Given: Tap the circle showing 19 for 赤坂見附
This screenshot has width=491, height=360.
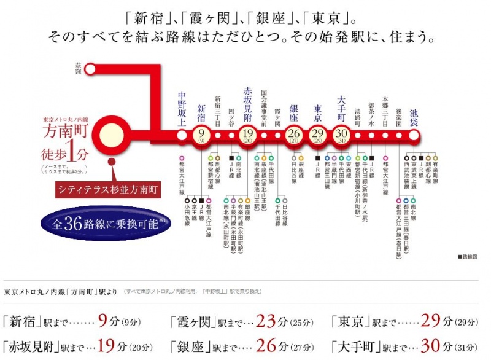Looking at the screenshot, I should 248,133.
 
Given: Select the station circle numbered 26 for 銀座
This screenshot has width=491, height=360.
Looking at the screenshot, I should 293,133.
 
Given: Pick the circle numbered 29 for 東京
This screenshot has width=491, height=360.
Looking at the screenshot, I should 318,133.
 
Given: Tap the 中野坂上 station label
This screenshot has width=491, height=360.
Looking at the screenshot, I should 182,108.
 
